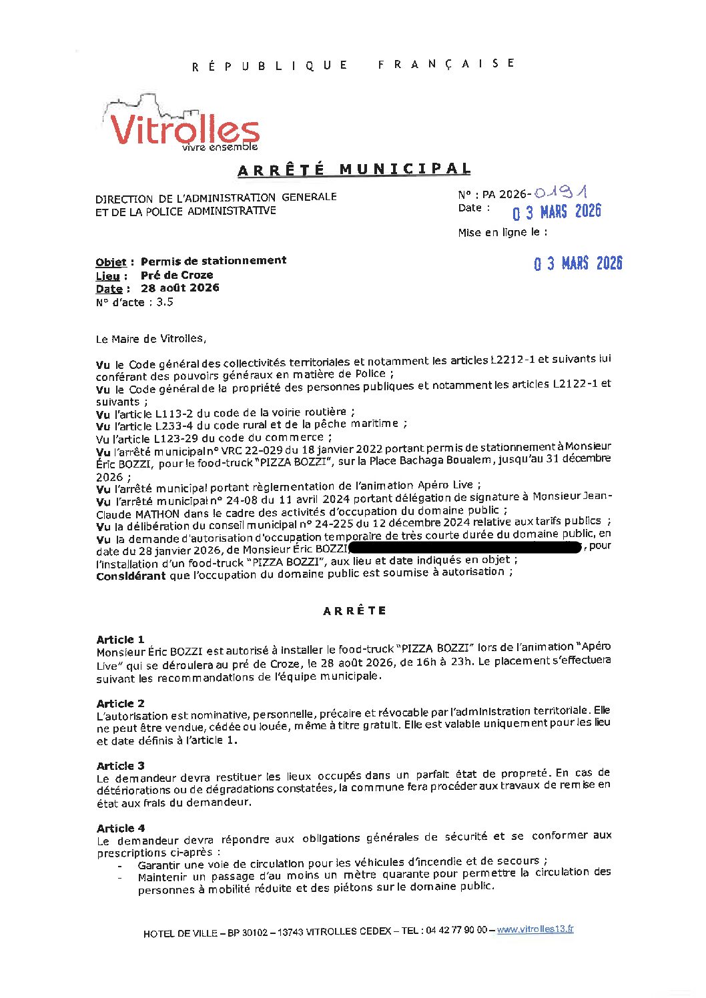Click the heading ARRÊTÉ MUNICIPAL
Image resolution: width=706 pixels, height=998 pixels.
click(x=354, y=169)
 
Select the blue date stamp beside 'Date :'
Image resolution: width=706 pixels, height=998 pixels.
click(x=557, y=211)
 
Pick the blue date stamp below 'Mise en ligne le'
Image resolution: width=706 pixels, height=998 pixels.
click(x=578, y=264)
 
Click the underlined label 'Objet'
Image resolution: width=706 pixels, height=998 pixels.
click(x=111, y=262)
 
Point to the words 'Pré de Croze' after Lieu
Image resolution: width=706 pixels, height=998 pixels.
click(x=177, y=275)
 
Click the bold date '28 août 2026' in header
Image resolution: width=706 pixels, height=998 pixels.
click(x=180, y=288)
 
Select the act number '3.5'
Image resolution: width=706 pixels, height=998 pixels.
click(x=165, y=302)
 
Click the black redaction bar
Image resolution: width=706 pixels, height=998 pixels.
click(x=466, y=548)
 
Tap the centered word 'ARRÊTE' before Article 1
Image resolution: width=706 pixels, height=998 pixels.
click(x=354, y=610)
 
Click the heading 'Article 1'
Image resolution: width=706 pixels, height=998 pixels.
click(x=120, y=639)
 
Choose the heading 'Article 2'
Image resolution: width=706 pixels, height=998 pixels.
click(x=120, y=703)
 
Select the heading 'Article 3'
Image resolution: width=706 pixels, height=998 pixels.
click(x=120, y=765)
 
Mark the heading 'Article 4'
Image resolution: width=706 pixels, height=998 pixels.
click(x=120, y=828)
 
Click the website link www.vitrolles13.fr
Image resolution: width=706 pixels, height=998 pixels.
click(x=535, y=929)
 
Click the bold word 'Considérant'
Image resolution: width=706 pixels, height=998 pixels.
click(x=131, y=576)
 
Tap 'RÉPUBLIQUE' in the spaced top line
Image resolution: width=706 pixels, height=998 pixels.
click(x=270, y=65)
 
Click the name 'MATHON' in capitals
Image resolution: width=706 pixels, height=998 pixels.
click(x=157, y=514)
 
